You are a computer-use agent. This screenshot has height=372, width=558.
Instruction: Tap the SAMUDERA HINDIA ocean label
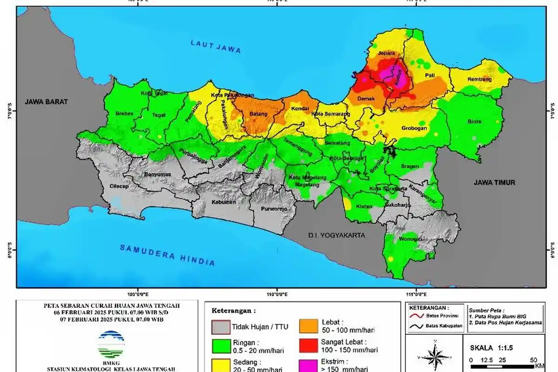pos(167,255)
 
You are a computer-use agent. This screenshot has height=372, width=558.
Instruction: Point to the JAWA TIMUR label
pos(494,183)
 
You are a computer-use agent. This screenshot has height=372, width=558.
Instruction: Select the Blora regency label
pos(475,122)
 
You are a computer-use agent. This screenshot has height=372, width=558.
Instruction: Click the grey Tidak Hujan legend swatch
pos(221,327)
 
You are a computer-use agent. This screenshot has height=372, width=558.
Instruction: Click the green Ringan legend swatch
pos(221,346)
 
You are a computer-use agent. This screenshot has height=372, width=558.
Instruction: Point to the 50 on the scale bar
pos(533,360)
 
